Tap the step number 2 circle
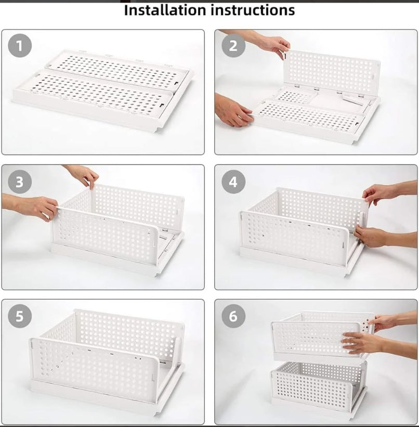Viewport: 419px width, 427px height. (233, 46)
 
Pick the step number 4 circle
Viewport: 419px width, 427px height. (233, 182)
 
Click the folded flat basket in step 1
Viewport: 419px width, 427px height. (104, 88)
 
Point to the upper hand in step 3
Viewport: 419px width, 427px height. (83, 176)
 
